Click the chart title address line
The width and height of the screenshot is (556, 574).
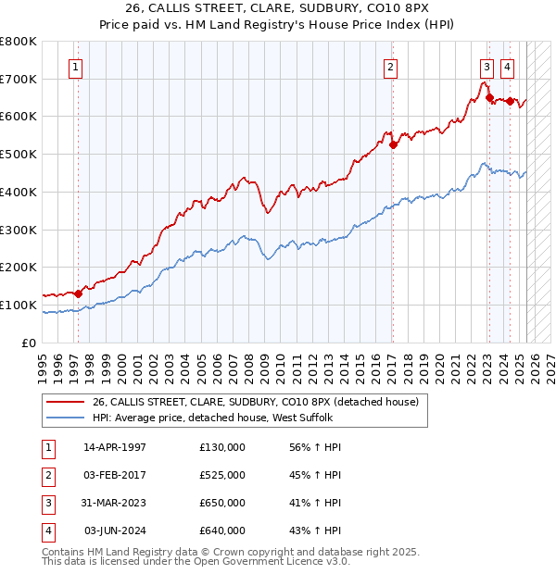[277, 10]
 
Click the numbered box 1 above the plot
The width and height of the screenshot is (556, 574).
[74, 66]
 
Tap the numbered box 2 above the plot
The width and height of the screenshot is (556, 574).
[391, 66]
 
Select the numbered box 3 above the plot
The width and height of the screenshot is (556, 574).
[486, 66]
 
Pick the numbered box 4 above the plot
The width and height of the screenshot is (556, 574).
[508, 66]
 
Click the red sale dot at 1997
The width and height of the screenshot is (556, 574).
[78, 293]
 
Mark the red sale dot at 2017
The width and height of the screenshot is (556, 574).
[393, 144]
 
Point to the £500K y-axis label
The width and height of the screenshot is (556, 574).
[19, 154]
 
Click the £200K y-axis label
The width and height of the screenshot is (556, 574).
[19, 267]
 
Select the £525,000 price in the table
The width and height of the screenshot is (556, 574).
[222, 475]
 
